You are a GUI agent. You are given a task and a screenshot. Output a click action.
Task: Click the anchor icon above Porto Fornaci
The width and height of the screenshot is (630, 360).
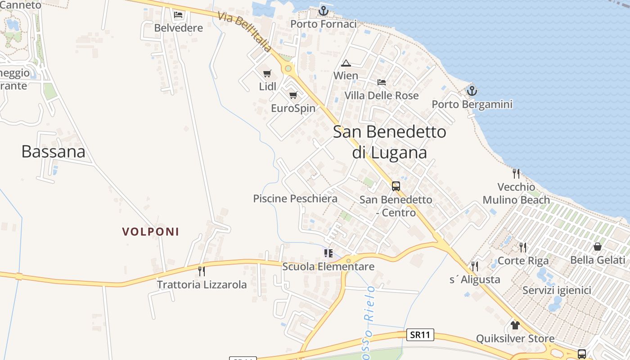pyautogui.click(x=324, y=10)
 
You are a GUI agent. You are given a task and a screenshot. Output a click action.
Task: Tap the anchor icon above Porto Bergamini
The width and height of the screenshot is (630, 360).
pyautogui.click(x=472, y=91)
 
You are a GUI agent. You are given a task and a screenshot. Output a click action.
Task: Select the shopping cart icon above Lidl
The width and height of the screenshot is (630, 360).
pyautogui.click(x=267, y=73)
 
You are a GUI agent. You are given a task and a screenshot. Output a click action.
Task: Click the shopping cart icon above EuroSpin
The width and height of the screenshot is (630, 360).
pyautogui.click(x=293, y=95)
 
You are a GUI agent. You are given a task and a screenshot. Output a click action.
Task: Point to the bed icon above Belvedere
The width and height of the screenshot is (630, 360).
pyautogui.click(x=178, y=15)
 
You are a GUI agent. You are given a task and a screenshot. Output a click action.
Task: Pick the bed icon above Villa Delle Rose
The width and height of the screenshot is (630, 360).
pyautogui.click(x=382, y=82)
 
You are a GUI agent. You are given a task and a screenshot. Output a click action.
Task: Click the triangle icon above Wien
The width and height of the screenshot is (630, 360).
pyautogui.click(x=346, y=63)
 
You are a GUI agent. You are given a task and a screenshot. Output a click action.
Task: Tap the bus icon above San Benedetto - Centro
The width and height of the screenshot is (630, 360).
pyautogui.click(x=396, y=186)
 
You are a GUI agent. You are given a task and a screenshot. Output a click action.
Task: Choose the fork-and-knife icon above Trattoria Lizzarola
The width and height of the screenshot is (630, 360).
pyautogui.click(x=202, y=271)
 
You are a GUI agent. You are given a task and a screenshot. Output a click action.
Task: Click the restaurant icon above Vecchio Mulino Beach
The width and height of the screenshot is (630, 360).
pyautogui.click(x=516, y=173)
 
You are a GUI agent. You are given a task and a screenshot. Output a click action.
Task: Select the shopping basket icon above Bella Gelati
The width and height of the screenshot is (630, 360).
pyautogui.click(x=598, y=247)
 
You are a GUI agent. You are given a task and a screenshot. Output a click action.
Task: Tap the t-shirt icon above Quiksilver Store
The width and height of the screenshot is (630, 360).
pyautogui.click(x=515, y=325)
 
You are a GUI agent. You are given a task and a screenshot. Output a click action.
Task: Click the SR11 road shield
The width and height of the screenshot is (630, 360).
pyautogui.click(x=420, y=335)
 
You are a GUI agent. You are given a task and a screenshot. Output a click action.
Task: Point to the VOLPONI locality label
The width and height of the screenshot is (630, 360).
pyautogui.click(x=151, y=232)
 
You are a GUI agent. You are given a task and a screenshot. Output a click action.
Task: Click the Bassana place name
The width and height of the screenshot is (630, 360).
pyautogui.click(x=53, y=152)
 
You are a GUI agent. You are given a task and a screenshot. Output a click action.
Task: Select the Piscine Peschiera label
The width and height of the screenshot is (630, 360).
pyautogui.click(x=295, y=198)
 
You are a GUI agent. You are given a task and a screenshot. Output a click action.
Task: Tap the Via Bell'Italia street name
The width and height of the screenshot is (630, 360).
pyautogui.click(x=245, y=31)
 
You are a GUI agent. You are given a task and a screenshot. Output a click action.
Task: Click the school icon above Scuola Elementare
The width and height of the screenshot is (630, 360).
pyautogui.click(x=328, y=253)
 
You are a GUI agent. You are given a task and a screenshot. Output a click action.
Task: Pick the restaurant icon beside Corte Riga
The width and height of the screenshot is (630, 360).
pyautogui.click(x=523, y=247)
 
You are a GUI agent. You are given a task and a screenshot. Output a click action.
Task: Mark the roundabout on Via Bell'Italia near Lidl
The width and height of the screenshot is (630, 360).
pyautogui.click(x=288, y=69)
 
